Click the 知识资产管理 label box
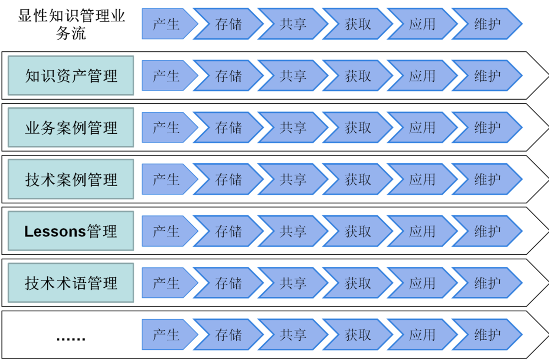pyautogui.click(x=71, y=76)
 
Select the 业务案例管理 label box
pyautogui.click(x=71, y=128)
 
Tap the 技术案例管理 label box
pyautogui.click(x=71, y=179)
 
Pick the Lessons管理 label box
pyautogui.click(x=71, y=231)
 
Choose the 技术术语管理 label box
pyautogui.click(x=71, y=283)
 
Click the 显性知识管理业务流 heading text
pyautogui.click(x=71, y=24)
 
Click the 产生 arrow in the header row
pyautogui.click(x=167, y=24)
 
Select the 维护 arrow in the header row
pyautogui.click(x=487, y=24)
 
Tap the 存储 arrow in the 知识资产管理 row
pyautogui.click(x=229, y=76)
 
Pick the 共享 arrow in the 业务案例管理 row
pyautogui.click(x=293, y=128)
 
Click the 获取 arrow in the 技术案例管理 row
pyautogui.click(x=358, y=179)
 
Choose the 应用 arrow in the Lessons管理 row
pyautogui.click(x=422, y=231)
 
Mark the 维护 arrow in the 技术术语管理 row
pyautogui.click(x=487, y=283)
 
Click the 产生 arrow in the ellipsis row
pyautogui.click(x=167, y=335)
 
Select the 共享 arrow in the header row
pyautogui.click(x=293, y=24)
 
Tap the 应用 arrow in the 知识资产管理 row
pyautogui.click(x=422, y=76)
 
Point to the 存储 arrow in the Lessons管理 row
pyautogui.click(x=229, y=231)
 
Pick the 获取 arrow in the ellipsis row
pyautogui.click(x=358, y=335)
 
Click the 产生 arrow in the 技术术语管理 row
pyautogui.click(x=167, y=283)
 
